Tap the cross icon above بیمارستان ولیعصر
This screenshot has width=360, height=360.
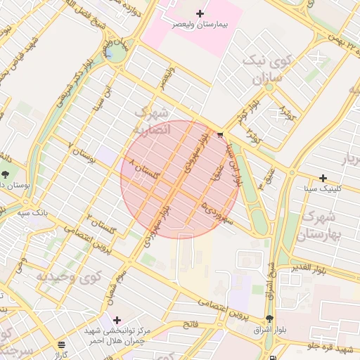tap(200, 13)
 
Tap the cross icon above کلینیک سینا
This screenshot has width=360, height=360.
tap(323, 178)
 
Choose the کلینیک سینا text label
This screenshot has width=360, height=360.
tap(323, 189)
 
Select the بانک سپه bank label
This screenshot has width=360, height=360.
tap(33, 212)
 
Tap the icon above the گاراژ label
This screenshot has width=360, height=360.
tap(62, 345)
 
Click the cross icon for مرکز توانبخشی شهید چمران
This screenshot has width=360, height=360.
tap(117, 320)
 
